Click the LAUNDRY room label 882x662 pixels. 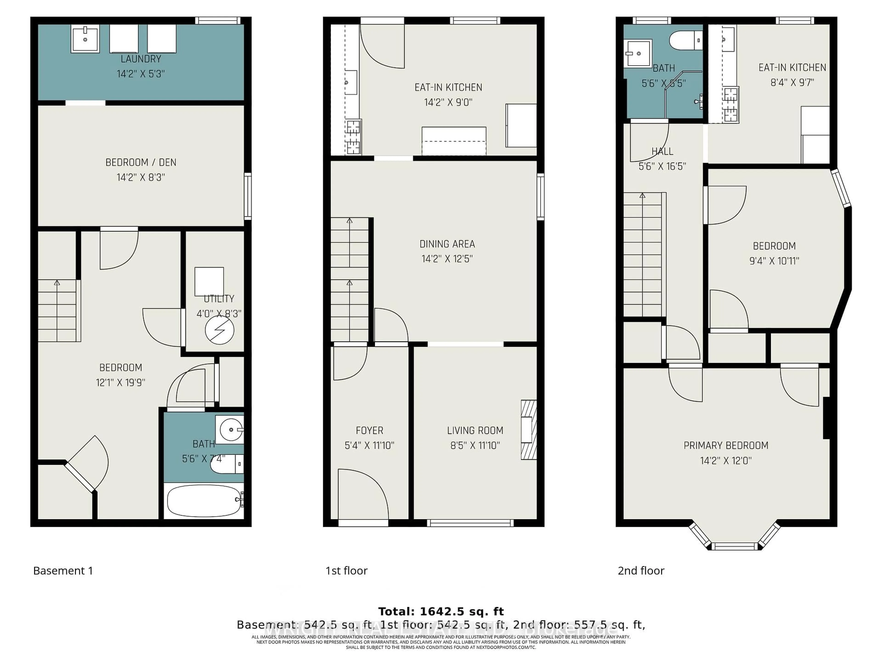coord(141,59)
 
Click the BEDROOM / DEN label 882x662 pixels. coord(141,163)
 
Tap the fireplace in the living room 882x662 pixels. coord(529,430)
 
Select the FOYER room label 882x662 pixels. coord(369,431)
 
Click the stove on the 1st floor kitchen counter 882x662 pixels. coord(353,137)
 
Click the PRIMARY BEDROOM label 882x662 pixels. coord(726,445)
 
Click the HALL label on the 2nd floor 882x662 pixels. coord(662,151)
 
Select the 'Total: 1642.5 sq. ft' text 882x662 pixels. coord(441,611)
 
